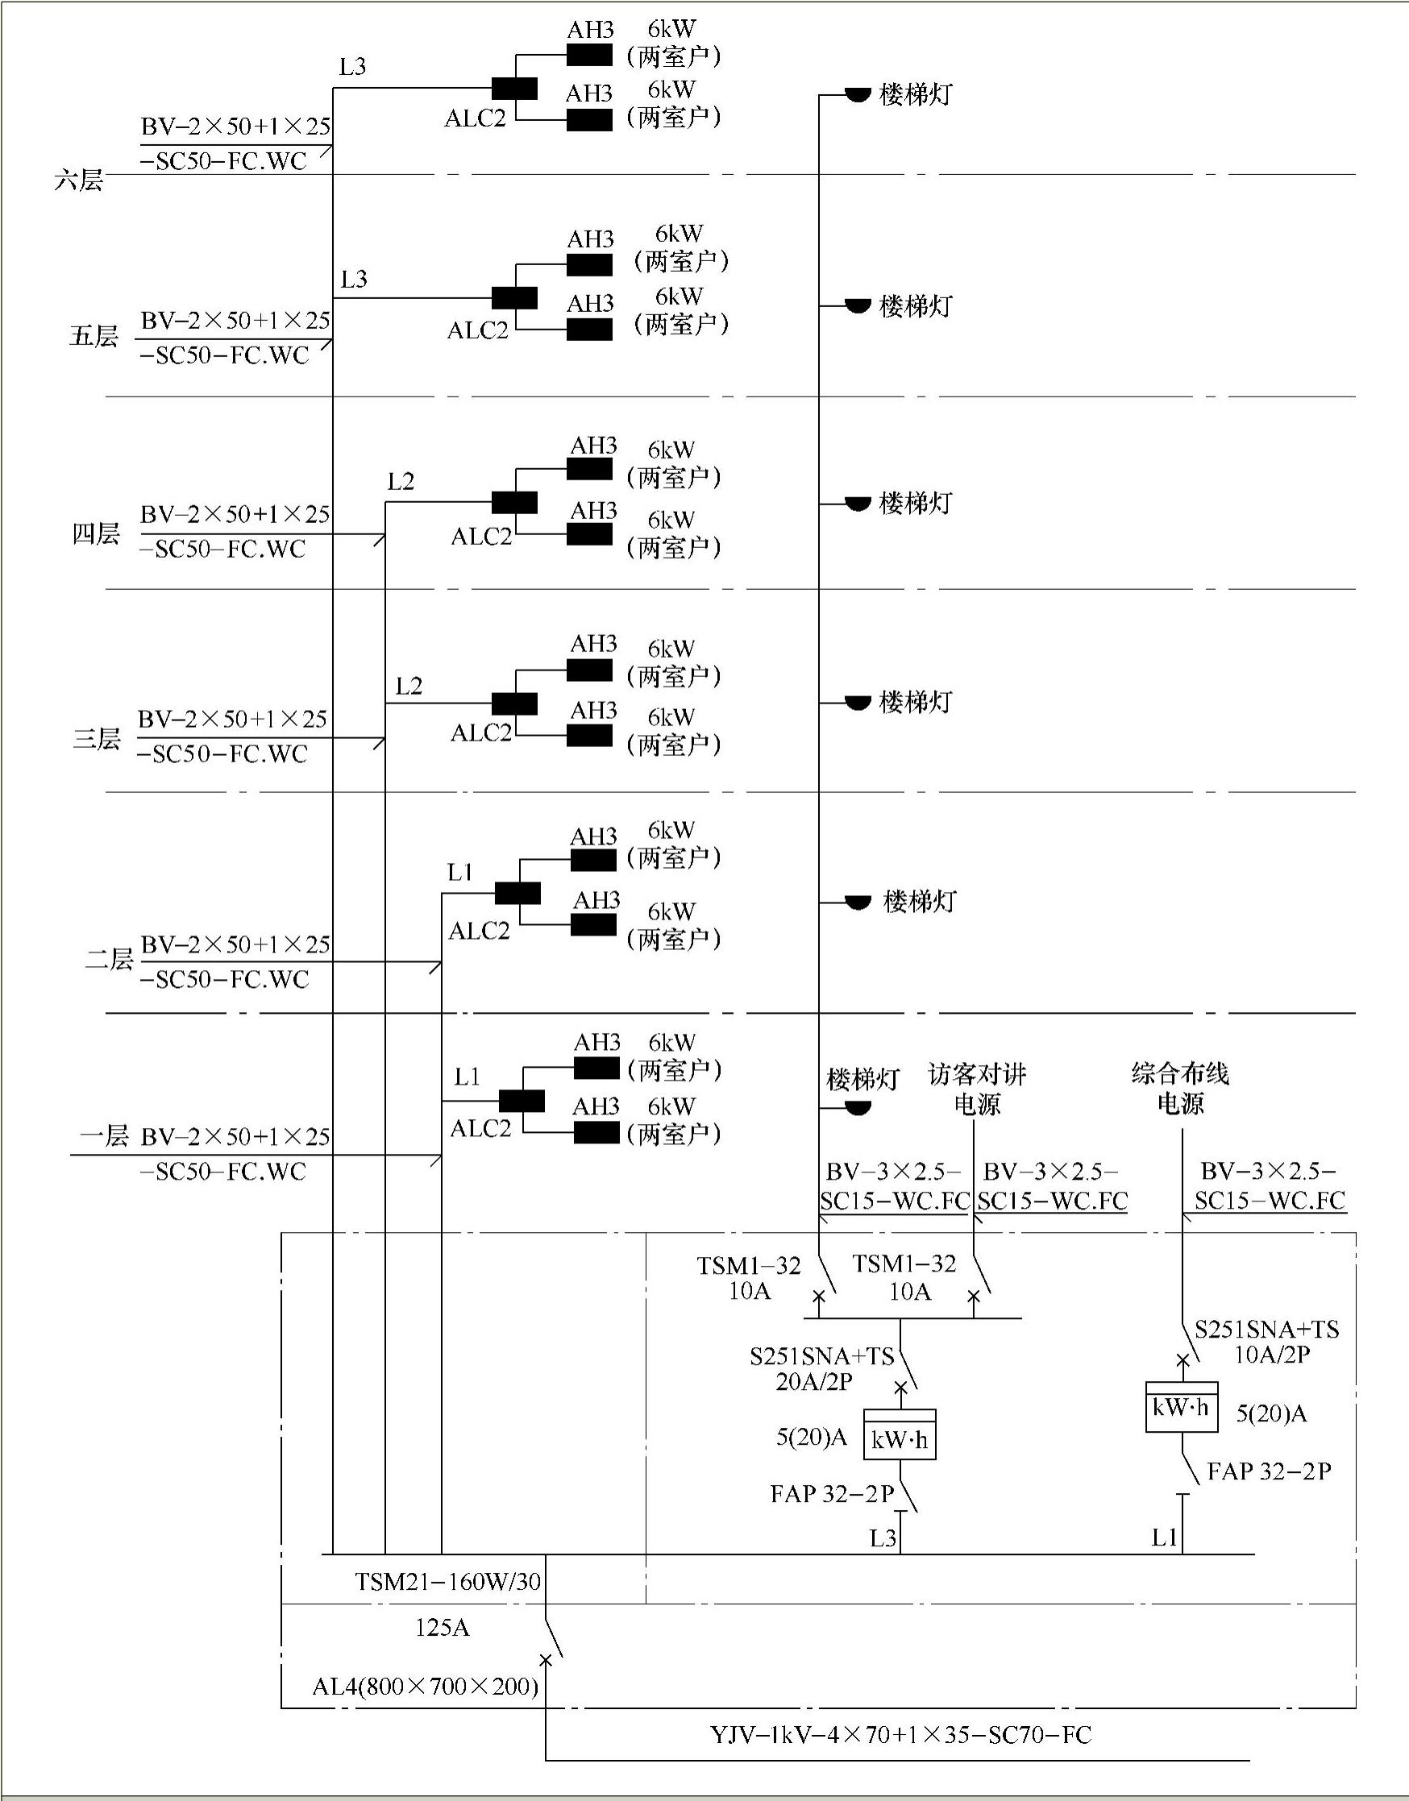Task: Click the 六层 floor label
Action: [x=79, y=180]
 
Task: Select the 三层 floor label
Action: [x=97, y=739]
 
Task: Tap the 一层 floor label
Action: [x=104, y=1136]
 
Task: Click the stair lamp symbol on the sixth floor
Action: [x=858, y=95]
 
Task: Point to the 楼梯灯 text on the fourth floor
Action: [x=916, y=503]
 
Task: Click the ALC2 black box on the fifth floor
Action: [x=515, y=297]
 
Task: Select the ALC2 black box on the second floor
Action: [x=517, y=893]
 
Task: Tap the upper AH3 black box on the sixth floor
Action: [x=589, y=56]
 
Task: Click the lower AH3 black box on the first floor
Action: [x=596, y=1133]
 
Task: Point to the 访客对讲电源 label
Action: [x=977, y=1089]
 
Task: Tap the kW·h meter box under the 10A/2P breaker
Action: [x=1182, y=1408]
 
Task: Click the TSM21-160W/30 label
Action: [x=448, y=1581]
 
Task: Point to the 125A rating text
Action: [x=443, y=1627]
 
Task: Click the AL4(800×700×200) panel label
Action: [x=425, y=1687]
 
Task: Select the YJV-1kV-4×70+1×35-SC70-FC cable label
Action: [x=901, y=1735]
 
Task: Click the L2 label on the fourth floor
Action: [x=401, y=482]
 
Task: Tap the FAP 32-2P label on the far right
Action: [x=1269, y=1471]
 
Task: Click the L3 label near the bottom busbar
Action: [x=883, y=1538]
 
